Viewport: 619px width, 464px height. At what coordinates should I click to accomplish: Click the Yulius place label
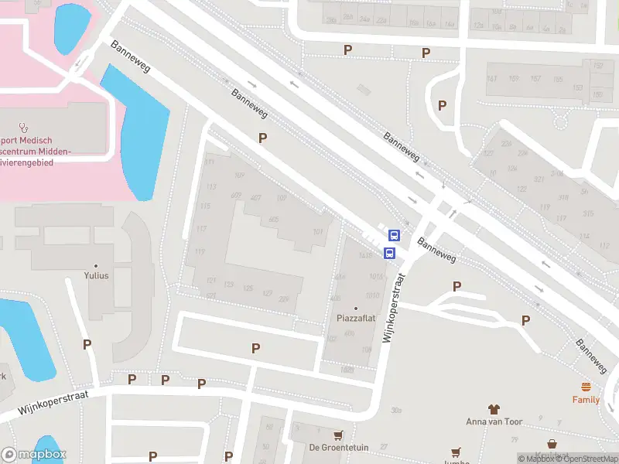(96, 275)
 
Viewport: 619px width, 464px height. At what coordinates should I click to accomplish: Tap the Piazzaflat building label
(356, 318)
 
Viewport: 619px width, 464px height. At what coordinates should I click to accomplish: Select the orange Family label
(586, 400)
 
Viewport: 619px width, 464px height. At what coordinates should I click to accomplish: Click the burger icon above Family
(586, 387)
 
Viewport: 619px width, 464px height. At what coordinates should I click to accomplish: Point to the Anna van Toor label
(494, 421)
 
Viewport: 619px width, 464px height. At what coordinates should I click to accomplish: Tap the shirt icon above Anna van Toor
(494, 408)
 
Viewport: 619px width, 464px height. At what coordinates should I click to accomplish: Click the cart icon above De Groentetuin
(337, 435)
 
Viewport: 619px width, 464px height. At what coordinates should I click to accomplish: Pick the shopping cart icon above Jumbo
(457, 452)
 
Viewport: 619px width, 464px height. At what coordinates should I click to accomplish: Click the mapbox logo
(33, 455)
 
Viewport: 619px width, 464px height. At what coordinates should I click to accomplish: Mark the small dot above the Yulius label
(96, 264)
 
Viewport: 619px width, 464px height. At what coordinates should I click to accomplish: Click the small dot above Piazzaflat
(356, 308)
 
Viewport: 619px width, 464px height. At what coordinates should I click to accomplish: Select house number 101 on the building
(317, 232)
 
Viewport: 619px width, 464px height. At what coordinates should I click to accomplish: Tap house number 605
(273, 220)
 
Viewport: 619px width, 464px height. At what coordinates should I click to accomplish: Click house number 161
(491, 79)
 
